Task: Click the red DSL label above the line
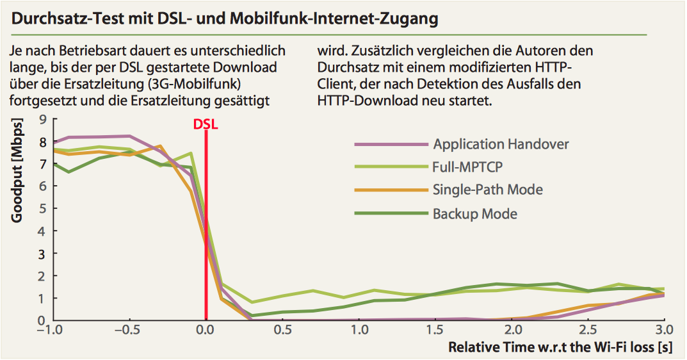click(206, 125)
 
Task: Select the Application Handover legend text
click(501, 143)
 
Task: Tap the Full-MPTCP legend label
click(467, 167)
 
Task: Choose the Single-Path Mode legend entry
click(487, 190)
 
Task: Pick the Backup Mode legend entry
click(474, 213)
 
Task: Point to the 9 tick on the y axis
click(43, 119)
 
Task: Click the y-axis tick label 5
click(43, 208)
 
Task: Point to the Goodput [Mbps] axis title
click(17, 170)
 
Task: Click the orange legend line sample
click(391, 190)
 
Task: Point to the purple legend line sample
click(391, 143)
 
